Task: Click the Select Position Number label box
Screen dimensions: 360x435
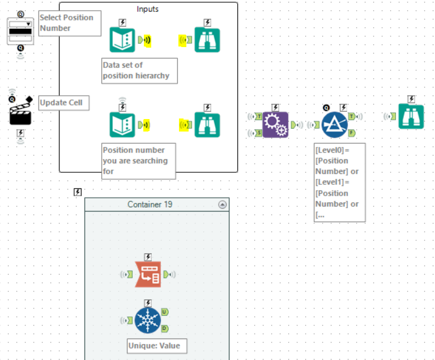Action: (x=70, y=23)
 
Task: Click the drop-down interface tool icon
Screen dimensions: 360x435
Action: (x=20, y=31)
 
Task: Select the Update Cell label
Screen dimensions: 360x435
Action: (x=63, y=103)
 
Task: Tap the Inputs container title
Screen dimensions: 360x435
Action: (x=148, y=9)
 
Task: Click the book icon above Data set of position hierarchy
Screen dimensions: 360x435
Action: (x=122, y=40)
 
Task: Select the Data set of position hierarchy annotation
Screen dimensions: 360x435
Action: (x=139, y=70)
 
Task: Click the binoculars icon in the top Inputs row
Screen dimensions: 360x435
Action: (x=207, y=40)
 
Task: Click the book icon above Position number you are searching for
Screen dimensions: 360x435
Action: (x=122, y=125)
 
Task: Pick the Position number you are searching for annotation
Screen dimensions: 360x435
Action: (x=138, y=161)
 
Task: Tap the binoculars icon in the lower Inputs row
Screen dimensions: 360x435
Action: (x=207, y=125)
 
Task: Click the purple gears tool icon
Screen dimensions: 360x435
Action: (x=275, y=125)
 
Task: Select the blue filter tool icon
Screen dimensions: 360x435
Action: (x=335, y=125)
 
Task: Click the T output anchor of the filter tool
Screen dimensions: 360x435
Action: (x=352, y=116)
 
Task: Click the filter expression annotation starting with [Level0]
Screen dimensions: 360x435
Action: (x=339, y=182)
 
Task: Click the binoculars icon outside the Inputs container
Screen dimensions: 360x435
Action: (x=411, y=116)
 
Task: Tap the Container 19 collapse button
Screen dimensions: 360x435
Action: (x=222, y=205)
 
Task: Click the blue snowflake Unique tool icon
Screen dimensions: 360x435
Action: (x=148, y=320)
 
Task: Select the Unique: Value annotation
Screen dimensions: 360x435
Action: (x=157, y=345)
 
